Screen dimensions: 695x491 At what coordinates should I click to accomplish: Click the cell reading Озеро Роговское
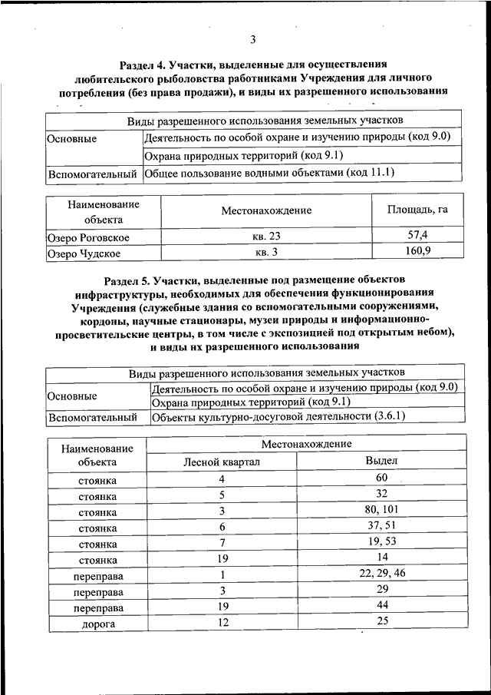coord(87,237)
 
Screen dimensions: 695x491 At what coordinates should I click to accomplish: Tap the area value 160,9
coord(417,251)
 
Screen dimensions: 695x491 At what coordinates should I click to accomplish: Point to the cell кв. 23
coord(266,237)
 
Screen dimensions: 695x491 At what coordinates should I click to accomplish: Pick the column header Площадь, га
coord(417,210)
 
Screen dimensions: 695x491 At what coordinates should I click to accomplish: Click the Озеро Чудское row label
coord(84,252)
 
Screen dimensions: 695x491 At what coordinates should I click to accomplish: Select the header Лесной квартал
coord(222,462)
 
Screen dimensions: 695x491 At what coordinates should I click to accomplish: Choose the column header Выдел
coord(382,461)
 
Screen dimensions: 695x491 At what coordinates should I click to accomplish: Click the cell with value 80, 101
coord(382,511)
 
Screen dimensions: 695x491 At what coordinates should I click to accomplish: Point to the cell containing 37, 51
coord(382,527)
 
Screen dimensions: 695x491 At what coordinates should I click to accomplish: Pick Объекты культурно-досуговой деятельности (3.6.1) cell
coord(278,417)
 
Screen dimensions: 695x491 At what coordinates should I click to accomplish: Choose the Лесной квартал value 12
coord(222,624)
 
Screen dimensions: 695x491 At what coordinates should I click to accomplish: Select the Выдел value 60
coord(382,478)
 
